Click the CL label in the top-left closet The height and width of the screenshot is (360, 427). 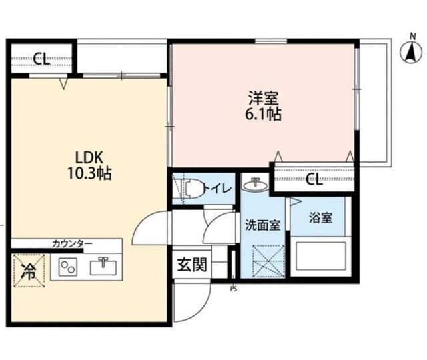point(41,59)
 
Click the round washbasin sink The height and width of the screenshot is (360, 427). point(254,185)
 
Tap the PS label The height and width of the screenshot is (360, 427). point(234,289)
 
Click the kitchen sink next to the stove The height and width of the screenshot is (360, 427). point(103,267)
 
